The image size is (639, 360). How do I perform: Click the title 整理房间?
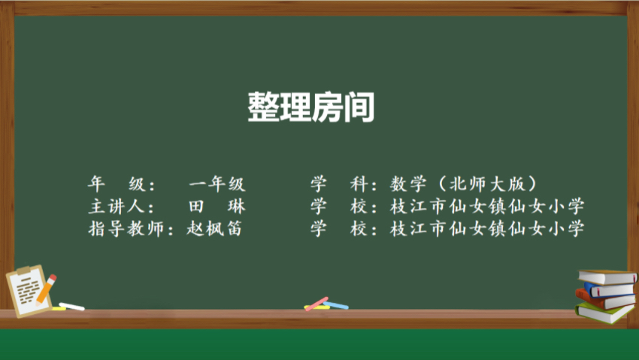coord(311,107)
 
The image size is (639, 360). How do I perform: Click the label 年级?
coord(117,184)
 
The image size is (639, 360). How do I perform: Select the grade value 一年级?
coord(217,184)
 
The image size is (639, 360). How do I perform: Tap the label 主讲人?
coord(116,207)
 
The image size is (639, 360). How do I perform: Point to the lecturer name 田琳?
coord(217,207)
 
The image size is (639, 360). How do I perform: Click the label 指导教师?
coord(126,228)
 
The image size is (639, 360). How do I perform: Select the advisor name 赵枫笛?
coord(214,228)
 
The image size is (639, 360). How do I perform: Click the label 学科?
coord(339,184)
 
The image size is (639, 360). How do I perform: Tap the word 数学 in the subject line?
coord(408,184)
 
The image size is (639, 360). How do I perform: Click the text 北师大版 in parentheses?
coord(487,184)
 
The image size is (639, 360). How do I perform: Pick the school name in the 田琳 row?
coord(487,207)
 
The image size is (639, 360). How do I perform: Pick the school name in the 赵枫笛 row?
coord(487,228)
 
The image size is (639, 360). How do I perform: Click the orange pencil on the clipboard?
coord(46,289)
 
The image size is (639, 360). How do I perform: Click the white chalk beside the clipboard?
coord(71,306)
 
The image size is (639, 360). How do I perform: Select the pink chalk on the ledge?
coord(316,304)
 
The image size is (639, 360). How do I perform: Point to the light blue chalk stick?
coord(336,305)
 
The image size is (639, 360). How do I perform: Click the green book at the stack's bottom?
coord(604,313)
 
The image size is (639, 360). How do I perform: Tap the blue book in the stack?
coord(609,290)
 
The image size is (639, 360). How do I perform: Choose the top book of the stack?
coord(607,277)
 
